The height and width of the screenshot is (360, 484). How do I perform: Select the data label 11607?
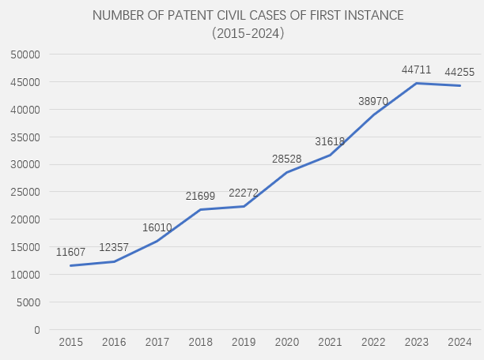click(x=70, y=252)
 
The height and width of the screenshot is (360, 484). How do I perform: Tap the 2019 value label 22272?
click(x=244, y=193)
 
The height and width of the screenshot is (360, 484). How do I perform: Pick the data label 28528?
click(x=287, y=159)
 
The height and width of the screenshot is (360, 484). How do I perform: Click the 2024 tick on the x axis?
click(x=460, y=343)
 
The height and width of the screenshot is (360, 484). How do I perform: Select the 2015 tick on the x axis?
click(x=70, y=343)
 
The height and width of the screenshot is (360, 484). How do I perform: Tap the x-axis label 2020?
click(x=287, y=343)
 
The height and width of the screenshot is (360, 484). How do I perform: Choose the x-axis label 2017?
click(x=157, y=343)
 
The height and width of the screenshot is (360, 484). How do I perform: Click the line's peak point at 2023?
click(x=417, y=83)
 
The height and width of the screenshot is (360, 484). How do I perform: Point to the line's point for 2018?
click(x=200, y=210)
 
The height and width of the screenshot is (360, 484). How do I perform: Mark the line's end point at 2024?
click(x=460, y=86)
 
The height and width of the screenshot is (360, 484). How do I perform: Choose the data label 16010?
click(x=157, y=228)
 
